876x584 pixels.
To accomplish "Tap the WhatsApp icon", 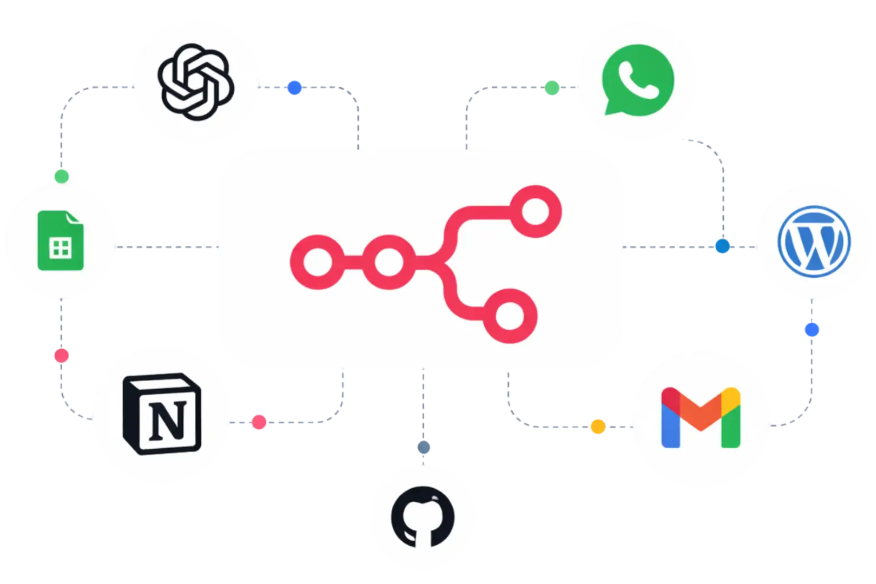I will pyautogui.click(x=637, y=80).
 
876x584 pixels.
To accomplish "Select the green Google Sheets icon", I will pyautogui.click(x=60, y=240).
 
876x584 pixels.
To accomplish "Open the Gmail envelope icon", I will pyautogui.click(x=700, y=417).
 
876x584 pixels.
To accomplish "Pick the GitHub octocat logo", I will pyautogui.click(x=423, y=517).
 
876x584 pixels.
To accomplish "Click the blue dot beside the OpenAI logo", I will pyautogui.click(x=294, y=87).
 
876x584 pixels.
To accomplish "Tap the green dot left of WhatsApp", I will pyautogui.click(x=551, y=88).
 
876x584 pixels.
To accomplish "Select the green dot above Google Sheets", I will pyautogui.click(x=60, y=175).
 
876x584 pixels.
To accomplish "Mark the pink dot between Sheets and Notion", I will pyautogui.click(x=61, y=356).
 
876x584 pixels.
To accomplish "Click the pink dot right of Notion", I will pyautogui.click(x=259, y=422).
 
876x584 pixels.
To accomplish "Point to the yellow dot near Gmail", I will pyautogui.click(x=598, y=426).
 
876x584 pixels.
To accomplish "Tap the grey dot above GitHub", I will pyautogui.click(x=423, y=448).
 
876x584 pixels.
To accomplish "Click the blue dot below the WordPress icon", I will pyautogui.click(x=812, y=330).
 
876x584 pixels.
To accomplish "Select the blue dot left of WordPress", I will pyautogui.click(x=723, y=246).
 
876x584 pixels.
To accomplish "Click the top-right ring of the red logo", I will pyautogui.click(x=534, y=212).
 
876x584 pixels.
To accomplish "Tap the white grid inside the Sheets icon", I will pyautogui.click(x=60, y=249).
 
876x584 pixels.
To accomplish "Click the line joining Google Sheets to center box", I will pyautogui.click(x=165, y=246).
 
